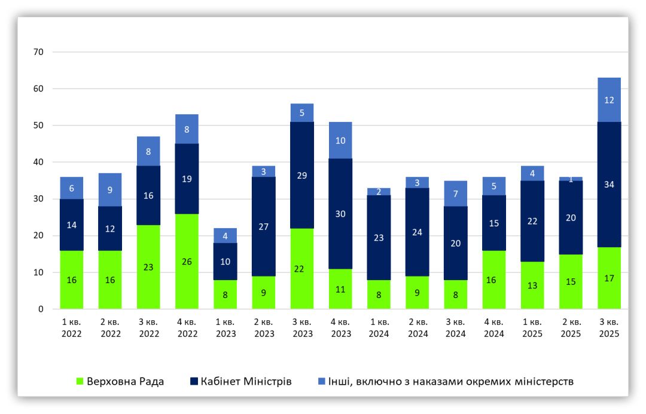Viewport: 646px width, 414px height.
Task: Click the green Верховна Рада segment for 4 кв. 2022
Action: tap(187, 261)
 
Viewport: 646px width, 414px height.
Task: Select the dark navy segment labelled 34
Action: tap(609, 185)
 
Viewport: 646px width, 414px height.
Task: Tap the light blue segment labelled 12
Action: tap(609, 100)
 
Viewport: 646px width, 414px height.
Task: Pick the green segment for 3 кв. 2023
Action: tap(302, 268)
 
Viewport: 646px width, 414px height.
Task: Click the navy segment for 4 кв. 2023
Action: tap(340, 213)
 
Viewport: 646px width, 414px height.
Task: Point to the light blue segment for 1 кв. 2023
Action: tap(226, 235)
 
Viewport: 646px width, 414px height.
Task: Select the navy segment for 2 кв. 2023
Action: tap(264, 226)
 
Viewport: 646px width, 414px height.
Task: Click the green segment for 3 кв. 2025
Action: tap(609, 278)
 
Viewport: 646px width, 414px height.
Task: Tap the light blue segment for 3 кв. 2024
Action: tap(456, 194)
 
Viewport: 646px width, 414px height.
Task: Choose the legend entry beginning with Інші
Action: tap(445, 381)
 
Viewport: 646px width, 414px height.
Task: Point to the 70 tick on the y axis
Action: tap(39, 52)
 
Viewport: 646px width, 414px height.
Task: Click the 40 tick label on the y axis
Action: tap(39, 162)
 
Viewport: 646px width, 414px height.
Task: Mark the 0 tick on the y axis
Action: tap(41, 309)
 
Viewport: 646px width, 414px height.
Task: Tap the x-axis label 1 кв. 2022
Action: tap(72, 328)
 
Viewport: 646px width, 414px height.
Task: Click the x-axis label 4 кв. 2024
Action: tap(494, 328)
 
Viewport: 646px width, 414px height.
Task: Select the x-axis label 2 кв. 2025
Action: tap(571, 328)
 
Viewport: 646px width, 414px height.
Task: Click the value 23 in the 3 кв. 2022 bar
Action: tap(148, 267)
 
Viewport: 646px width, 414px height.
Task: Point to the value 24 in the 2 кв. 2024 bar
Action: tap(418, 232)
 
